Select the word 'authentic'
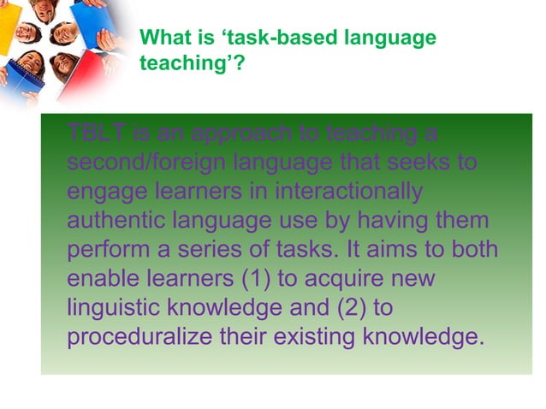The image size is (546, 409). coord(116,220)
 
